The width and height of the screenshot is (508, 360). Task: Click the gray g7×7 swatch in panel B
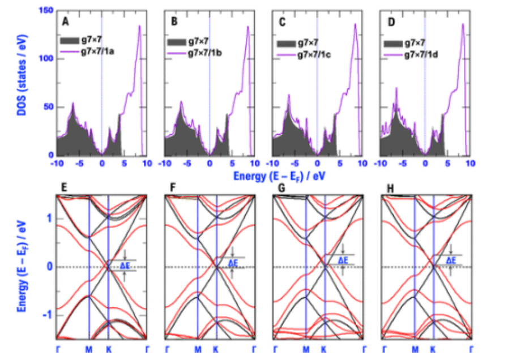coord(180,42)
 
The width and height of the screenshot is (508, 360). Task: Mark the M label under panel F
coord(197,349)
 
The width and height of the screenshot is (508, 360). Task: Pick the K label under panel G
coord(324,349)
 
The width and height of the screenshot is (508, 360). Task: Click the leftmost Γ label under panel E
coord(57,349)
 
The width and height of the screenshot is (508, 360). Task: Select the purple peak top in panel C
coord(355,24)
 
